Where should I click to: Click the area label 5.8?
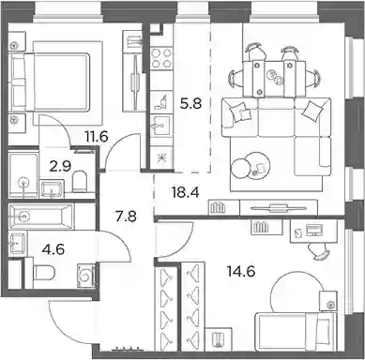click(x=190, y=103)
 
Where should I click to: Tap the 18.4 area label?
click(x=185, y=192)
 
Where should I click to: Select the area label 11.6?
click(x=96, y=137)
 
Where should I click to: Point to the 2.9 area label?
click(x=60, y=166)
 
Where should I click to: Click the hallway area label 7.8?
click(x=126, y=216)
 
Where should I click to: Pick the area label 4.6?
click(x=54, y=249)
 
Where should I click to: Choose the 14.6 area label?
click(x=241, y=271)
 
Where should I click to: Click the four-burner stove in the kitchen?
click(x=161, y=58)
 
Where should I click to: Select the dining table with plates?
click(x=275, y=78)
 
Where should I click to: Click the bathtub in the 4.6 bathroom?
click(x=41, y=216)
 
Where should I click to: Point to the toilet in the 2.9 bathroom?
click(x=79, y=181)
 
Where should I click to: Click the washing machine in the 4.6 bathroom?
click(x=86, y=276)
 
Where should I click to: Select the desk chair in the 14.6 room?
click(x=318, y=251)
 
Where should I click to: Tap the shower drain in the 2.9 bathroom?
click(x=23, y=182)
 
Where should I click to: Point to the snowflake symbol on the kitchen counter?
click(x=161, y=157)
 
